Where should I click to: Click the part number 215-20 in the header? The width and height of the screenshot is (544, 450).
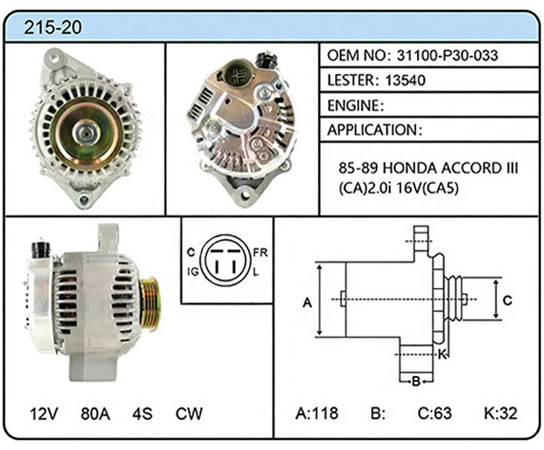click(53, 27)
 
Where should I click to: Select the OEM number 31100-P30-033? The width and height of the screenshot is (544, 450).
click(448, 56)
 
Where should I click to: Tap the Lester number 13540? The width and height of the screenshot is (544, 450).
click(405, 80)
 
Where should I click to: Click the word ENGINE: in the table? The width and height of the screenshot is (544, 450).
click(355, 105)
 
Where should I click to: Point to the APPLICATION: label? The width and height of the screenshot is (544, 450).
click(375, 130)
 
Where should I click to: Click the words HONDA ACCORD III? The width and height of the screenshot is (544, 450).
click(450, 169)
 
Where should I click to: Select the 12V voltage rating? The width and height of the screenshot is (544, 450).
click(44, 414)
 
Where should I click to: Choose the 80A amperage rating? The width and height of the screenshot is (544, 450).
click(95, 414)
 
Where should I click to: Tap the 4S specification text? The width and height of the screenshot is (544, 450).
click(142, 414)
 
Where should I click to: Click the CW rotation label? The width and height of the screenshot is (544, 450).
click(189, 414)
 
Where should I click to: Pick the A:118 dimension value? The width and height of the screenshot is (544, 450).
click(317, 413)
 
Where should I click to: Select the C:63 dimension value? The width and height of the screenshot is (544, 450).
click(434, 413)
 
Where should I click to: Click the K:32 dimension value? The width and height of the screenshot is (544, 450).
click(500, 413)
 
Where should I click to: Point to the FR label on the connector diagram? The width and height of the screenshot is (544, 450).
click(260, 253)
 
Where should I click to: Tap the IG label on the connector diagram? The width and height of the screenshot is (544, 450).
click(193, 272)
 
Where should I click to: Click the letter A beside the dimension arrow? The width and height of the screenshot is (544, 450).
click(308, 303)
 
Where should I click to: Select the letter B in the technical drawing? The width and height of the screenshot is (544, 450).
click(416, 382)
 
